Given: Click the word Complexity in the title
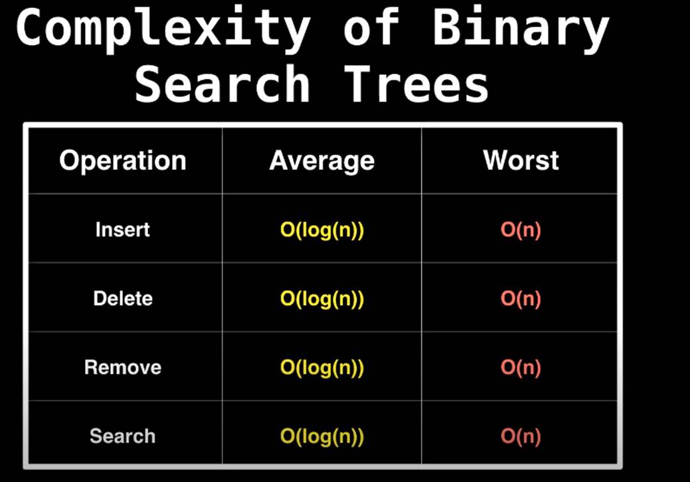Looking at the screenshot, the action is (163, 29).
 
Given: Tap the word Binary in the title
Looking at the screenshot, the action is (521, 29).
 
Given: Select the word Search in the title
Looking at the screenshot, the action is (222, 84).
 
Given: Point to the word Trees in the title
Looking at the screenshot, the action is (416, 84).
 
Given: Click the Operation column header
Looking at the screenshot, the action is (123, 161).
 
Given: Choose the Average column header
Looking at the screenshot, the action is (321, 161).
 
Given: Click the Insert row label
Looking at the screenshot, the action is (123, 230).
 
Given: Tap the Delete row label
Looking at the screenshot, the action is (123, 299).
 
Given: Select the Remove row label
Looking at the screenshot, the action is (123, 367).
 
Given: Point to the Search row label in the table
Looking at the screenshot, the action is (123, 436).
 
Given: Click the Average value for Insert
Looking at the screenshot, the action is (322, 230).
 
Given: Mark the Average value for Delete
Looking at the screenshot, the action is (322, 299).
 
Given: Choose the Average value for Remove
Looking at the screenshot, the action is (322, 368).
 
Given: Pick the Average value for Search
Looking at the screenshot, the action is (322, 437).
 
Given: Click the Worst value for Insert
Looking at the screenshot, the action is (521, 230).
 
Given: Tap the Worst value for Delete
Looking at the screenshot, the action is (521, 299).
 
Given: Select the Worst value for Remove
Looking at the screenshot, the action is (521, 368).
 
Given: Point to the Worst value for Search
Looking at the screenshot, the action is (521, 437).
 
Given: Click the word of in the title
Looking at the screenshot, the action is (372, 27).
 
